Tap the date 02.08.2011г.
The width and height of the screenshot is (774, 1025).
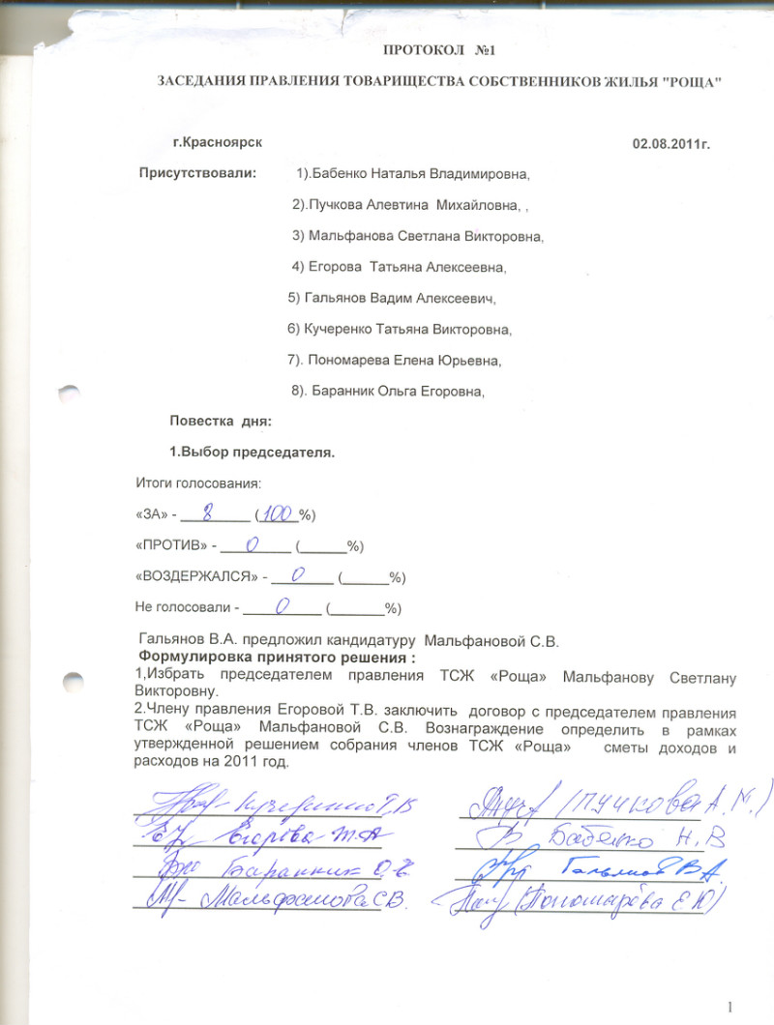click(671, 143)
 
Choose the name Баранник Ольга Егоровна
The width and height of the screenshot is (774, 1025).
click(398, 392)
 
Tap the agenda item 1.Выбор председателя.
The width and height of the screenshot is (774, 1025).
click(252, 453)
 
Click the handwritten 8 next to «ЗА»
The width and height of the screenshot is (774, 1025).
click(207, 512)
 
